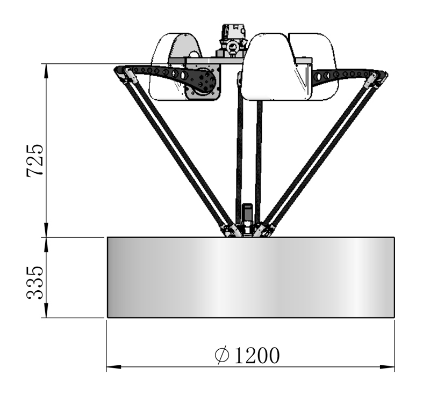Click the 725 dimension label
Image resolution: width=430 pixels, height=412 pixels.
(34, 160)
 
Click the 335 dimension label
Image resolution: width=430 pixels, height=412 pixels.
(34, 282)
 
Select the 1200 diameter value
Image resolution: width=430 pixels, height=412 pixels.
(257, 356)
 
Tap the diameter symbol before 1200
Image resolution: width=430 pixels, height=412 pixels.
(222, 356)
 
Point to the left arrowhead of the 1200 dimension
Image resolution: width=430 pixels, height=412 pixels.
(114, 367)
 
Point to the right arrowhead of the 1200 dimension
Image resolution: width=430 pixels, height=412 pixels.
(387, 367)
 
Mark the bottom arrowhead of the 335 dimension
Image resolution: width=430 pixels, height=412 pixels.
(46, 310)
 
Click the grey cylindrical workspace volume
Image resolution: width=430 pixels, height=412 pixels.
(251, 277)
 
